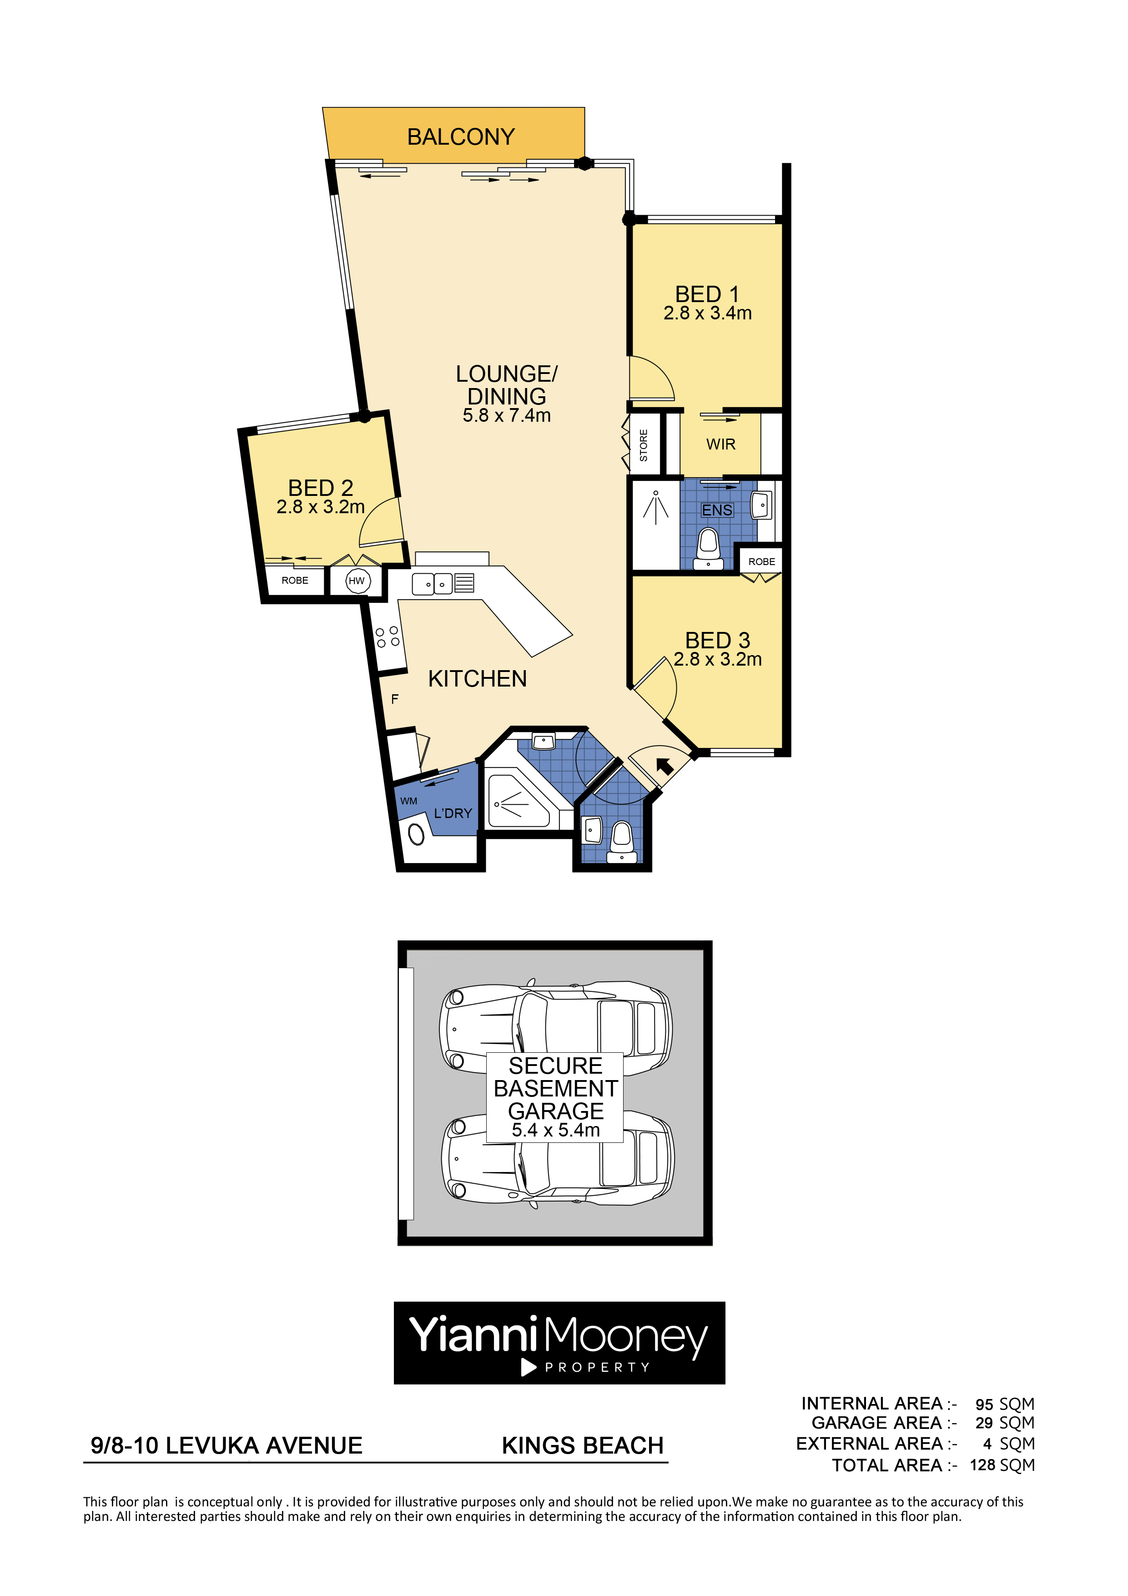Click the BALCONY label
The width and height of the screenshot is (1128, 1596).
click(461, 137)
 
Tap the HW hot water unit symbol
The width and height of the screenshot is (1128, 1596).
click(357, 581)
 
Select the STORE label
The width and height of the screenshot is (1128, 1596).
click(644, 445)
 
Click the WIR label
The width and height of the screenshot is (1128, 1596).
click(721, 444)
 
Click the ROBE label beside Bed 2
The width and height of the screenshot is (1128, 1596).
click(295, 581)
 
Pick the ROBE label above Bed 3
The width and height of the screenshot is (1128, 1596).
click(762, 562)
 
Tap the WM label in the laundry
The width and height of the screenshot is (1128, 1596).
click(408, 801)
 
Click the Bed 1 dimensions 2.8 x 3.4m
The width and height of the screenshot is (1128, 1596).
click(708, 313)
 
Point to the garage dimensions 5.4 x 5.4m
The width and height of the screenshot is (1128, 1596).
click(556, 1130)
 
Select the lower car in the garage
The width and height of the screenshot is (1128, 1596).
click(557, 1161)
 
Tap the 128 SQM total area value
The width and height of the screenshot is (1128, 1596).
click(1002, 1465)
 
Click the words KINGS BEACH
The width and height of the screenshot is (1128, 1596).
click(582, 1446)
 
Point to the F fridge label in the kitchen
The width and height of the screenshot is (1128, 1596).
click(395, 699)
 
